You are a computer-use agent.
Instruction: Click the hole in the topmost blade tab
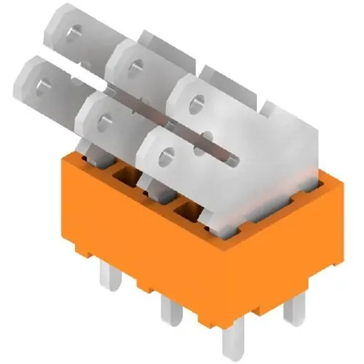(x=75, y=33)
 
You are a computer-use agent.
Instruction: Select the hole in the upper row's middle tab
(x=132, y=69)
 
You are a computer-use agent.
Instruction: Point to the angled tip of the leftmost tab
(x=22, y=69)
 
